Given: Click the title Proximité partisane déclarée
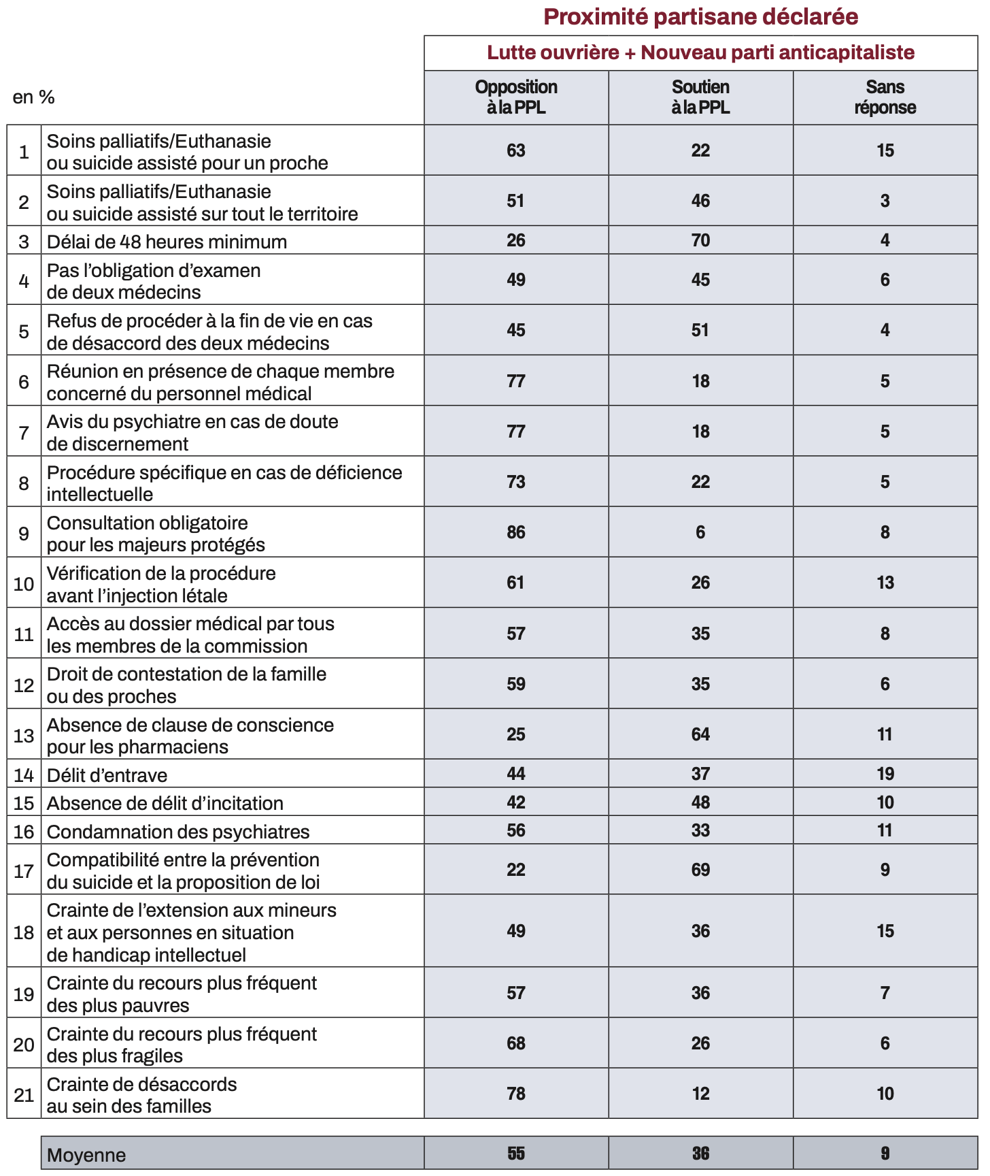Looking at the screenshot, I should (700, 16).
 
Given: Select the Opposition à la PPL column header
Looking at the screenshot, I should (516, 97).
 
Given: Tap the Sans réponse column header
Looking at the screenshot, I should (885, 97).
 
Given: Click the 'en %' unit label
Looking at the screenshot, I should (33, 97).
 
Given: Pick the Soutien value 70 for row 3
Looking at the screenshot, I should (700, 240).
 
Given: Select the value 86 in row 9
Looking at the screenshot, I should (516, 532).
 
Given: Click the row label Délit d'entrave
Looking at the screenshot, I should (107, 775).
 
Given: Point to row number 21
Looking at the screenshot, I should (24, 1095).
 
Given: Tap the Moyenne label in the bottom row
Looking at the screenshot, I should (86, 1156).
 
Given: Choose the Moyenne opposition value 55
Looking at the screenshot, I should (516, 1154).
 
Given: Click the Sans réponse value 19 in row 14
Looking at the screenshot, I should (885, 774).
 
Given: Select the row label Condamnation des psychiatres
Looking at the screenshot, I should (178, 832).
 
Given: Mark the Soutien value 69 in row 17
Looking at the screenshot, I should (700, 870).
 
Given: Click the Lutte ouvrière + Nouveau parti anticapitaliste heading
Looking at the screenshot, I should (700, 52).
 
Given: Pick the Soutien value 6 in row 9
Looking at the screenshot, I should (700, 532).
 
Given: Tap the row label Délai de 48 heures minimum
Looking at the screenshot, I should (167, 242).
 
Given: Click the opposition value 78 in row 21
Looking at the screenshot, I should (516, 1094).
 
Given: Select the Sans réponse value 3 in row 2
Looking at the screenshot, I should (885, 201).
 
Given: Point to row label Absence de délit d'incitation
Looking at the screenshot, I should (165, 803).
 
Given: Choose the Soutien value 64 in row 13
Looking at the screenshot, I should (700, 734).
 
